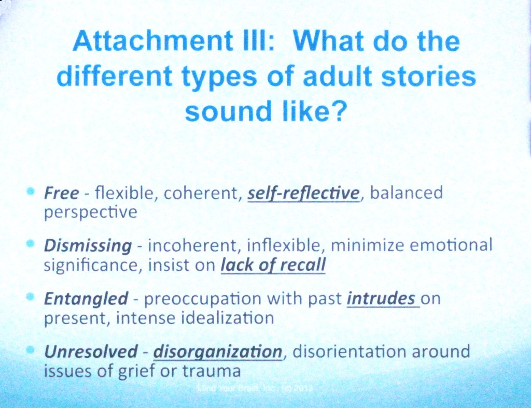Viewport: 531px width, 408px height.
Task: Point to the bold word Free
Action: coord(61,194)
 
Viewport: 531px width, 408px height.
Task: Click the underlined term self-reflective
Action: coord(303,194)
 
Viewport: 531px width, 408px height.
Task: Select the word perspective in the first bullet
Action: coord(91,213)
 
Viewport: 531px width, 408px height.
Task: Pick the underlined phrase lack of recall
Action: coord(273,265)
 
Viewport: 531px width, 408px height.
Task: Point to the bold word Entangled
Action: coord(86,299)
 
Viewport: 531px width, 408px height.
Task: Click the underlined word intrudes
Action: coord(382,299)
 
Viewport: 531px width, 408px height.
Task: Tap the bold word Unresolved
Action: coord(91,352)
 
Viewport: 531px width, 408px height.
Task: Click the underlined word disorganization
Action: coord(217,353)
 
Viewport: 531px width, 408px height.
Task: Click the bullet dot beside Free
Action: coord(30,192)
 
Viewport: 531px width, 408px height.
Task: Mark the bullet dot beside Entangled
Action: coord(30,297)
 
